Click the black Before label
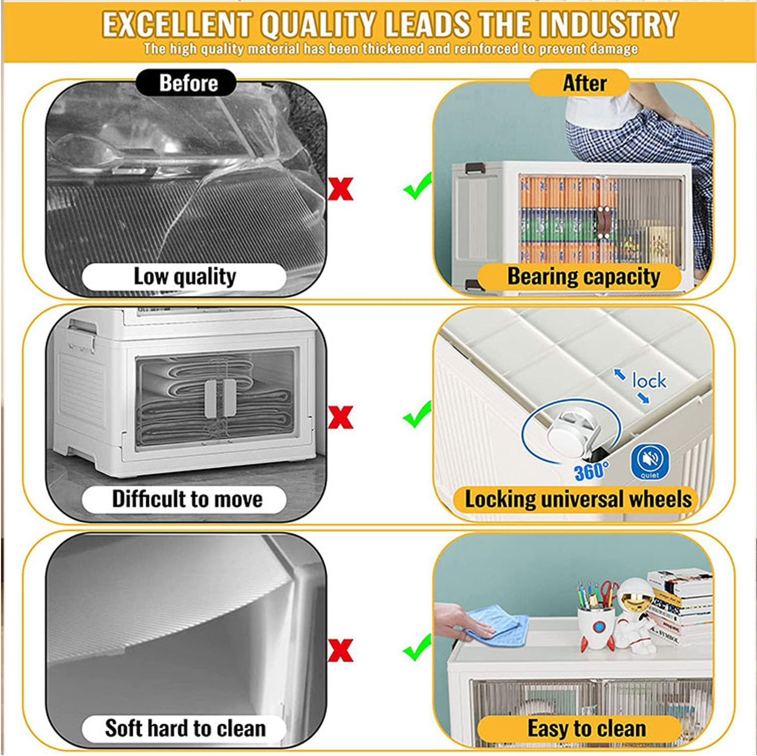[x=186, y=83]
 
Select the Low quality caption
[x=184, y=276]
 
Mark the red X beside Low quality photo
[x=341, y=189]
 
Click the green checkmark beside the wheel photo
[x=417, y=415]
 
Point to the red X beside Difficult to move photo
[x=341, y=417]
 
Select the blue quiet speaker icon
[x=650, y=461]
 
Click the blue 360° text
[x=590, y=471]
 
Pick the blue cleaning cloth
[x=497, y=626]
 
